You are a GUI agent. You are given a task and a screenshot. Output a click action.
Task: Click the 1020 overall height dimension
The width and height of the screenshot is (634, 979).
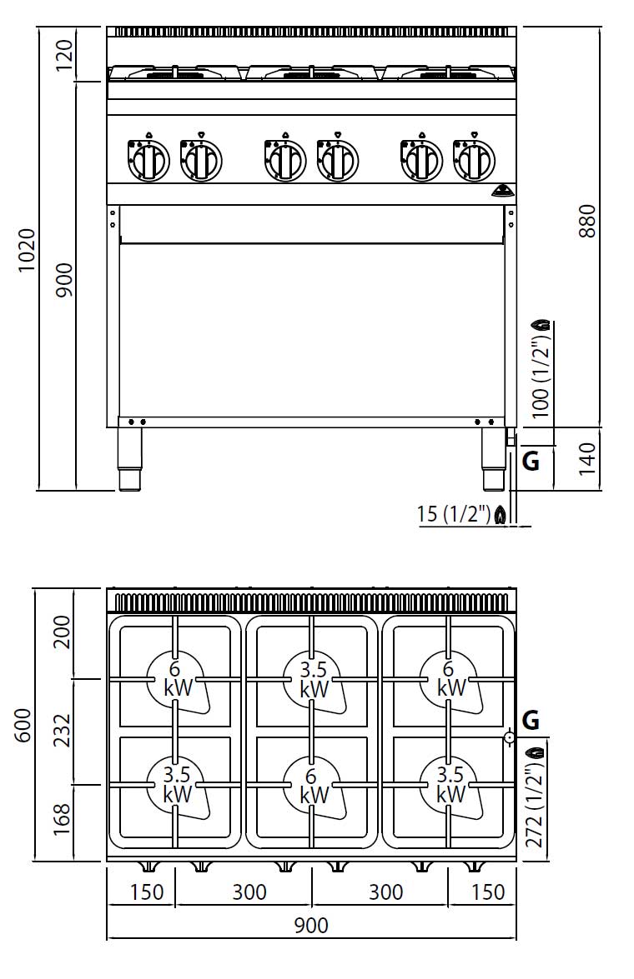[27, 250]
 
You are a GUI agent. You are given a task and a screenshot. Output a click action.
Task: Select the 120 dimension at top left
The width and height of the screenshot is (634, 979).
[64, 53]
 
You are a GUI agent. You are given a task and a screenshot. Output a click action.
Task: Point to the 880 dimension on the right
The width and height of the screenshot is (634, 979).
[588, 221]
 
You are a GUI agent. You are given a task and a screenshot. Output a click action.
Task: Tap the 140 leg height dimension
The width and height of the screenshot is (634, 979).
[588, 459]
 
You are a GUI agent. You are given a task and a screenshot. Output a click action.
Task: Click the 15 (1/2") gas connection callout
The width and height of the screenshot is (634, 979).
[454, 514]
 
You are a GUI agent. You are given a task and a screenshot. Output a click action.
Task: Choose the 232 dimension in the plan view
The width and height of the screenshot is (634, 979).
[63, 731]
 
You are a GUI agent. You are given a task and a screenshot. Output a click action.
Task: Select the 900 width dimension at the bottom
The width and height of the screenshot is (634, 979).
[311, 925]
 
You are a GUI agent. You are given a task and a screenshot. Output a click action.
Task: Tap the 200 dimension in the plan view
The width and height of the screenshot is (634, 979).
[63, 632]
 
